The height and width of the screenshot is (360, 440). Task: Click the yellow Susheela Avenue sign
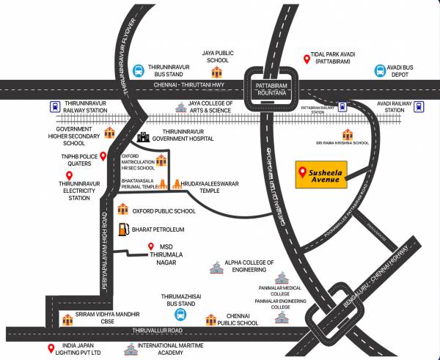(x=322, y=175)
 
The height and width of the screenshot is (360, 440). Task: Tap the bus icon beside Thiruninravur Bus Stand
(x=138, y=70)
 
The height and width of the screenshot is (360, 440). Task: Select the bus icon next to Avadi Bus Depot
(x=379, y=70)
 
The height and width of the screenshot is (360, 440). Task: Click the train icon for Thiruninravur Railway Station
(x=56, y=106)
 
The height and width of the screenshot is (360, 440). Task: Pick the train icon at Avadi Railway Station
(x=418, y=106)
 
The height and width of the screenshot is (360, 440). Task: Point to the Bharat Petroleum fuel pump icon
(x=125, y=229)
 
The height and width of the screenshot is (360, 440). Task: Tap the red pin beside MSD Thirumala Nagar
(x=150, y=246)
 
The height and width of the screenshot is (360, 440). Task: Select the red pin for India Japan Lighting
(x=51, y=348)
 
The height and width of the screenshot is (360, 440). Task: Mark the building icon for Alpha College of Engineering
(x=215, y=268)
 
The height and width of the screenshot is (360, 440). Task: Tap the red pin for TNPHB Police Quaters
(x=103, y=155)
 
